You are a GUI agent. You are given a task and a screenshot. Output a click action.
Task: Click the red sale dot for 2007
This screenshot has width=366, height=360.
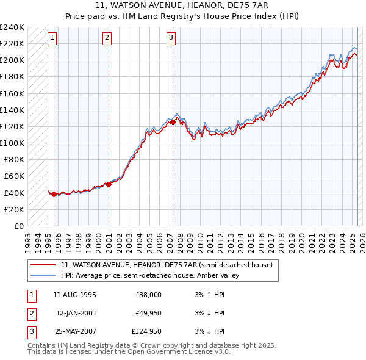click(x=173, y=122)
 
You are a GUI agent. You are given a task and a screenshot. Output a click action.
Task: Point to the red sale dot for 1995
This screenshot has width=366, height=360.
click(x=54, y=195)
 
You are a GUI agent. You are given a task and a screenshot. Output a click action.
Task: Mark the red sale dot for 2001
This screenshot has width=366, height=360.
click(x=109, y=184)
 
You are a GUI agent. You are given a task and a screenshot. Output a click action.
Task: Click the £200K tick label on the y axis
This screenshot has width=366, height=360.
click(x=12, y=60)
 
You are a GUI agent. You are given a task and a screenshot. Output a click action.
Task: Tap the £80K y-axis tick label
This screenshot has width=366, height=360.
click(x=14, y=160)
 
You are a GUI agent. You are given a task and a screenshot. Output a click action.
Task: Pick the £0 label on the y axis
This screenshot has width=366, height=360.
click(x=18, y=226)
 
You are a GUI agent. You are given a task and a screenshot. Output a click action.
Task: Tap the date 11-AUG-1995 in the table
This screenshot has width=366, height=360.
click(x=74, y=295)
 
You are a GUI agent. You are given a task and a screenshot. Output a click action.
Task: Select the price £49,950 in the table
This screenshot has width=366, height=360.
click(x=148, y=314)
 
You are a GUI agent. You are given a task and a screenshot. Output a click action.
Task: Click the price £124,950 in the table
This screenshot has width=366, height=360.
click(x=146, y=332)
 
